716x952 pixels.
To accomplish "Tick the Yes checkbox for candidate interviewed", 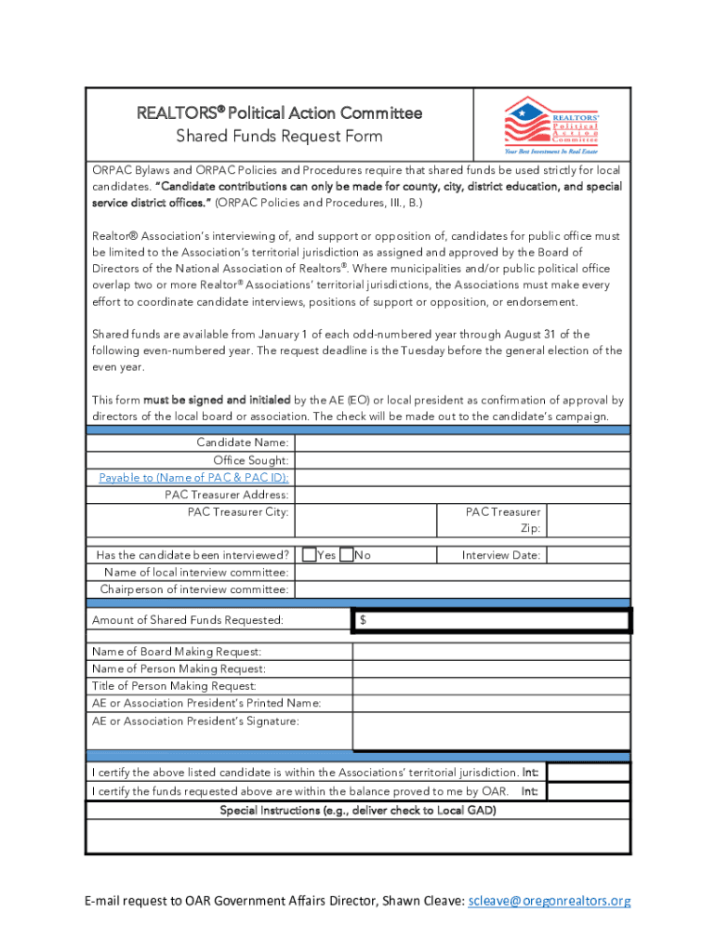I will [x=310, y=555].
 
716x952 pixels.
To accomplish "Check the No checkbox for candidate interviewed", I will [x=346, y=555].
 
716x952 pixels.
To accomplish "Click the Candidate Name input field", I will [x=462, y=443].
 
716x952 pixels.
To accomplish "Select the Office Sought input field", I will [x=462, y=460].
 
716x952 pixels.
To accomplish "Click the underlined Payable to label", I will [x=193, y=477].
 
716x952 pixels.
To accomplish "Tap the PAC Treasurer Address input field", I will [x=462, y=495].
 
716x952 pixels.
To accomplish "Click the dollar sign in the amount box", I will [x=363, y=620].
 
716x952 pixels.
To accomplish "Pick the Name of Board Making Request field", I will [x=490, y=652].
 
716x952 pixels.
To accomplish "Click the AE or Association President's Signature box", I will [x=490, y=731].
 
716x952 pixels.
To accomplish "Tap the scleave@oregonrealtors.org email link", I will [x=550, y=901].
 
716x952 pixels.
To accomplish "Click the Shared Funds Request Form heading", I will [x=279, y=137].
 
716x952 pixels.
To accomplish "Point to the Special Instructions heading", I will [x=358, y=811].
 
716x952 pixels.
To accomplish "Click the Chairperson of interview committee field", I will [x=462, y=589].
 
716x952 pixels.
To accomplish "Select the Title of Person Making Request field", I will [x=490, y=686].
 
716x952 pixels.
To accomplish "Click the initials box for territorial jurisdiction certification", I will [x=589, y=773].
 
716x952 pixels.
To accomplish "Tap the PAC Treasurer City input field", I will [x=366, y=521].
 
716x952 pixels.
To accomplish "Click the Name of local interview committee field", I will [x=462, y=573].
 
